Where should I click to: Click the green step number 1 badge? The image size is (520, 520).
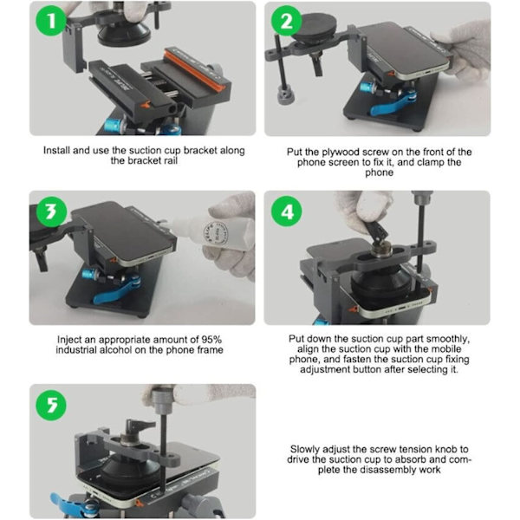point(51,21)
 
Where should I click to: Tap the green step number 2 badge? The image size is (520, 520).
point(287,21)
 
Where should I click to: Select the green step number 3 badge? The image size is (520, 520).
point(51,211)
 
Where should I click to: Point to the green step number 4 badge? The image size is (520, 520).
point(287,211)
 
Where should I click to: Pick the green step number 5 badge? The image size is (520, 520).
point(51,406)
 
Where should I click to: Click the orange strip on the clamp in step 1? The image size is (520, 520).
point(195,68)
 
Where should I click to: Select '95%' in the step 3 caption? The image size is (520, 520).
point(211,340)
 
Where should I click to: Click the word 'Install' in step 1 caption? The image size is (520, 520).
point(56,150)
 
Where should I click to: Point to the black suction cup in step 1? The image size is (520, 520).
point(124,34)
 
